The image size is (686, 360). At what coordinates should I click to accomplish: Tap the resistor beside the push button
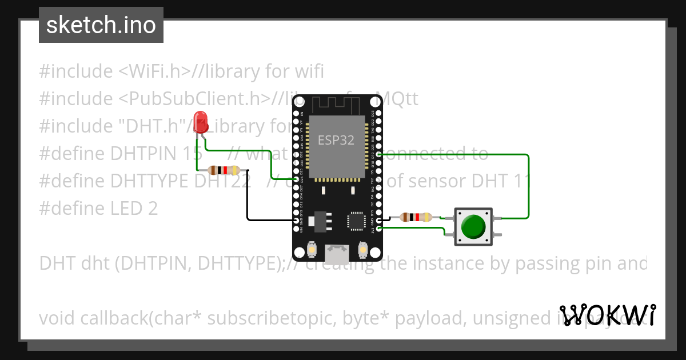(x=415, y=217)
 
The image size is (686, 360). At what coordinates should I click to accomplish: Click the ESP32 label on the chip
(x=336, y=140)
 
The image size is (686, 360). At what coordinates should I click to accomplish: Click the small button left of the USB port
(x=312, y=250)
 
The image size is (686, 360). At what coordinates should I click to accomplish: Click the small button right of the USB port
(x=362, y=250)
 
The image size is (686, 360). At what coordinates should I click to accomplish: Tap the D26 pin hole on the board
(x=296, y=179)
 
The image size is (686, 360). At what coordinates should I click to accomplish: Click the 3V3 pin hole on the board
(x=378, y=228)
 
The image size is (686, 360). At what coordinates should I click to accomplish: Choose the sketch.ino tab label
(x=101, y=25)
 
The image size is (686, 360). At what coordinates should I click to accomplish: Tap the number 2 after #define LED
(x=153, y=208)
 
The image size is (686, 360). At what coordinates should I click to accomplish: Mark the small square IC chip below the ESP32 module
(x=356, y=221)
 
